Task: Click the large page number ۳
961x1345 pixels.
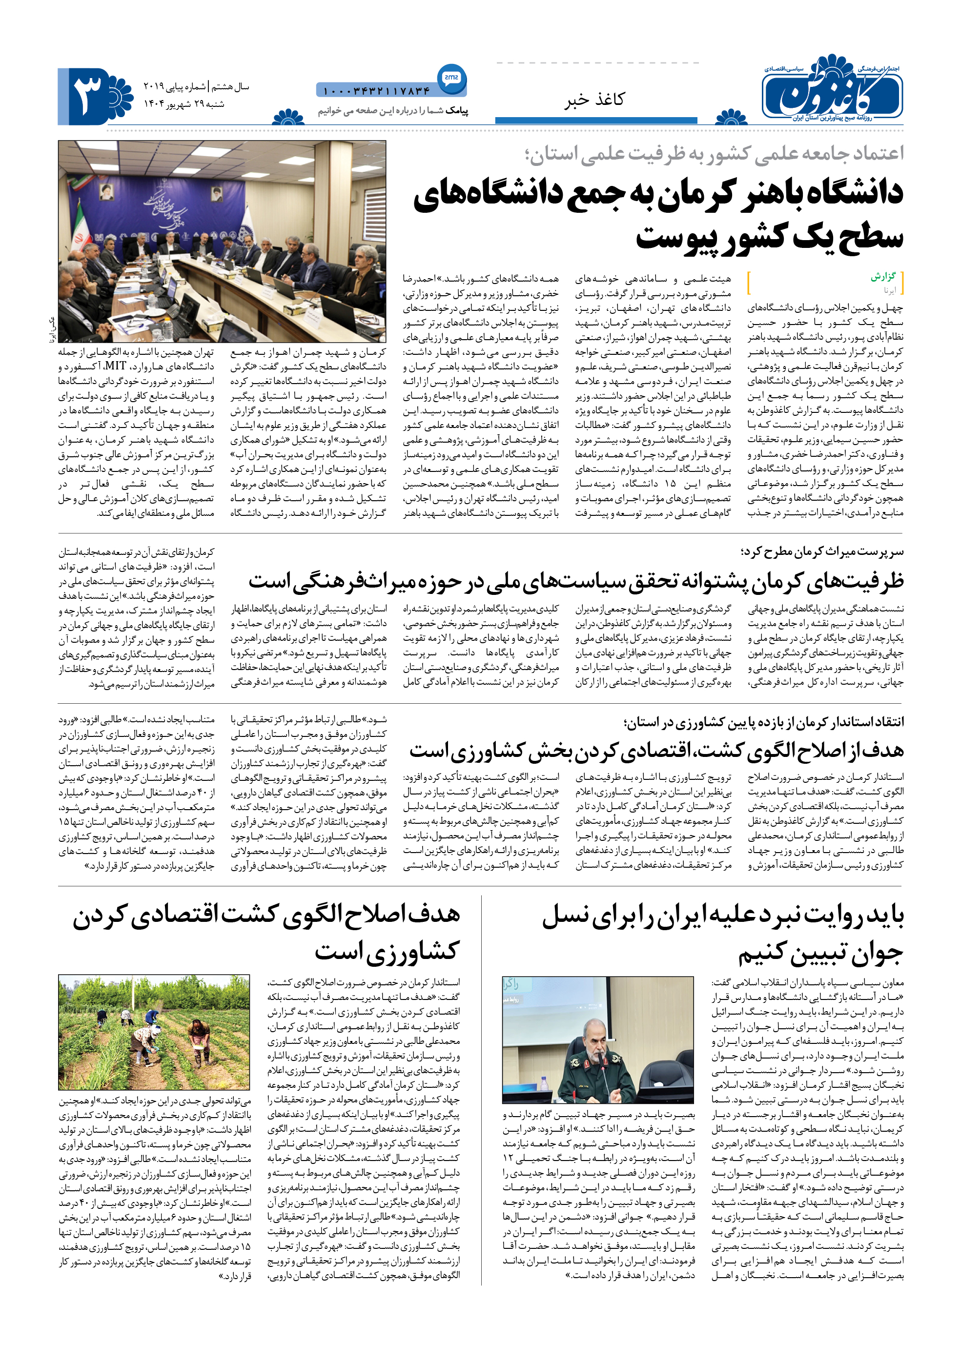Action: [x=87, y=97]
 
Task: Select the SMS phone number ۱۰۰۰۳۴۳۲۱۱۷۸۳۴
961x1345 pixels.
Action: [x=376, y=91]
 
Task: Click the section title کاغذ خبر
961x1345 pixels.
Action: [x=593, y=100]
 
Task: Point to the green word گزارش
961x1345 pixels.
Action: [x=883, y=277]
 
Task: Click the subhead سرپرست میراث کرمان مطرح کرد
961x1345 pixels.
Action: [x=822, y=551]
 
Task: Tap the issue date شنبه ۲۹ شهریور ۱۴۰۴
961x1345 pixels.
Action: [x=184, y=104]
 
